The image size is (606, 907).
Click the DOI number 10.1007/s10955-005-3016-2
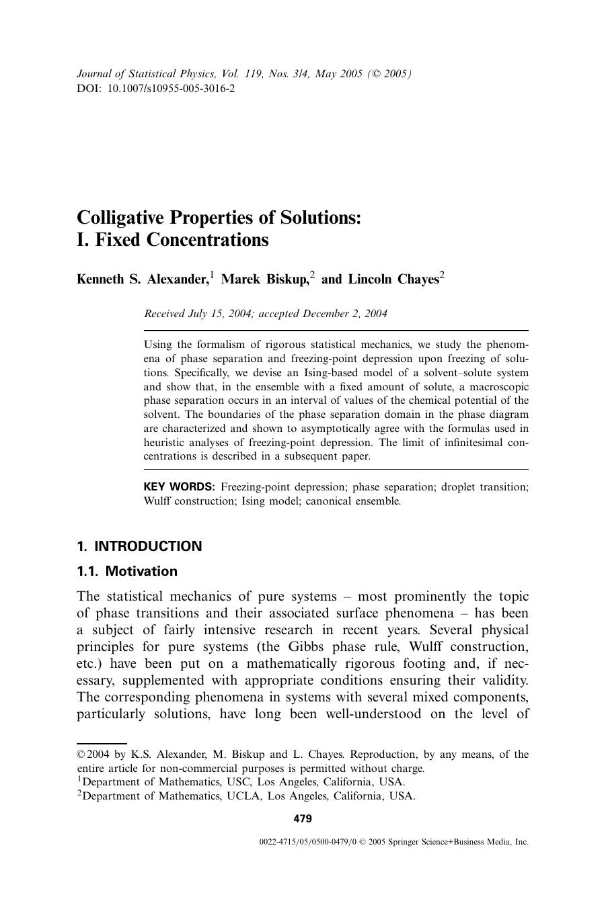(172, 89)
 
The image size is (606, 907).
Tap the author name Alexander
(178, 279)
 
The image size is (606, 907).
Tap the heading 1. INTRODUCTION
(139, 546)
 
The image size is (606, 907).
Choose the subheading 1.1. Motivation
(127, 572)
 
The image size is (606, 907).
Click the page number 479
(303, 818)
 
